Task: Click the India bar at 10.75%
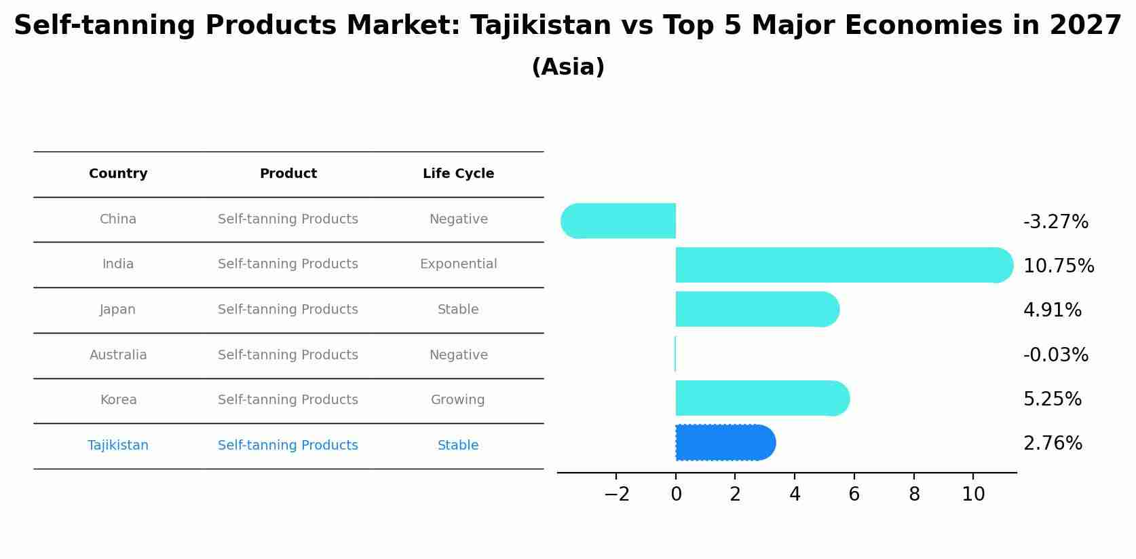pos(841,265)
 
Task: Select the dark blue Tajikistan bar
pos(723,443)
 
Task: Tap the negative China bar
pos(619,221)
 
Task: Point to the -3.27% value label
pos(1055,222)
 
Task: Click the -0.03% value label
pos(1055,355)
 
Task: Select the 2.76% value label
pos(1053,444)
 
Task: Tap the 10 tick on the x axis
pos(973,494)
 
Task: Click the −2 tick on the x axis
pos(616,494)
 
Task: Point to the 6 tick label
pos(854,494)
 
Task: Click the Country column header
pos(118,174)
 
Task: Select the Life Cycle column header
pos(458,174)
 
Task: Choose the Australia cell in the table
pos(118,355)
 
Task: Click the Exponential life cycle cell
pos(458,264)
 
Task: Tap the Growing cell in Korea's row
pos(458,400)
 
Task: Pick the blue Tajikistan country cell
pos(118,446)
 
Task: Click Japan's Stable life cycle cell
pos(458,310)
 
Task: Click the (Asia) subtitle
pos(568,67)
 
